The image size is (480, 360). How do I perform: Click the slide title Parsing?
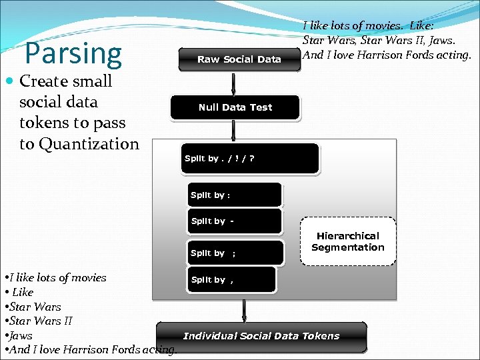click(x=73, y=53)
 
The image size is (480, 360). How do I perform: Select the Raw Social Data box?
click(x=239, y=59)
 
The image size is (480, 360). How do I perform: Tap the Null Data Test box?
click(x=235, y=107)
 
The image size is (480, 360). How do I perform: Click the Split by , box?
click(x=231, y=280)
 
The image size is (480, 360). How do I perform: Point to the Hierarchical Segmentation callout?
click(x=347, y=241)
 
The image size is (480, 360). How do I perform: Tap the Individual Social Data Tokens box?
click(x=261, y=336)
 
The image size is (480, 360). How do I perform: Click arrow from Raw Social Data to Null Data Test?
click(x=233, y=83)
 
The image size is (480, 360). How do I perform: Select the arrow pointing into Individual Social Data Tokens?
click(x=244, y=310)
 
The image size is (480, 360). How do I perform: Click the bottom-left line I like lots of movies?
click(x=57, y=277)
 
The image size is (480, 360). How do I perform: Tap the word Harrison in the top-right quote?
click(x=380, y=55)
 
